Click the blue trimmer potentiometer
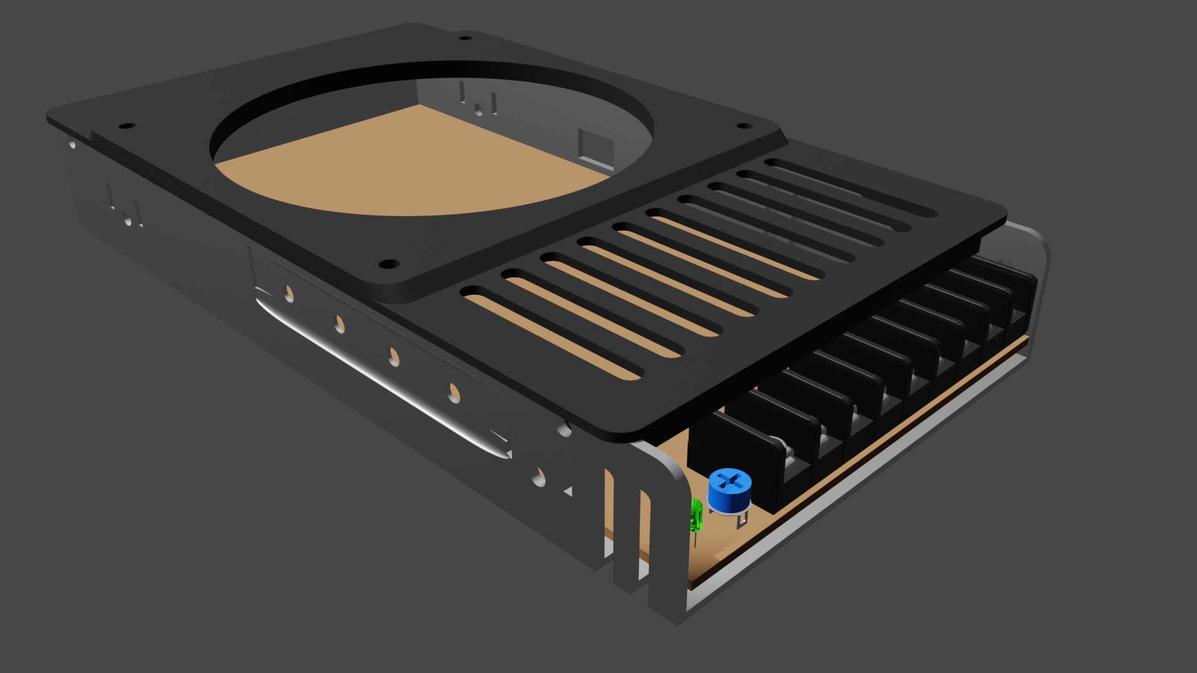tap(729, 490)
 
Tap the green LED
tap(696, 516)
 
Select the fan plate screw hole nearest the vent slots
tap(389, 264)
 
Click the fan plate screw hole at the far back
tap(465, 38)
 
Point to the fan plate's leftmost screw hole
tap(127, 126)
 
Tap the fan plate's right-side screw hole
tap(744, 126)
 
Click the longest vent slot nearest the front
tap(552, 333)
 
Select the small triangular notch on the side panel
tap(568, 492)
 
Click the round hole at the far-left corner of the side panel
tap(72, 145)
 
